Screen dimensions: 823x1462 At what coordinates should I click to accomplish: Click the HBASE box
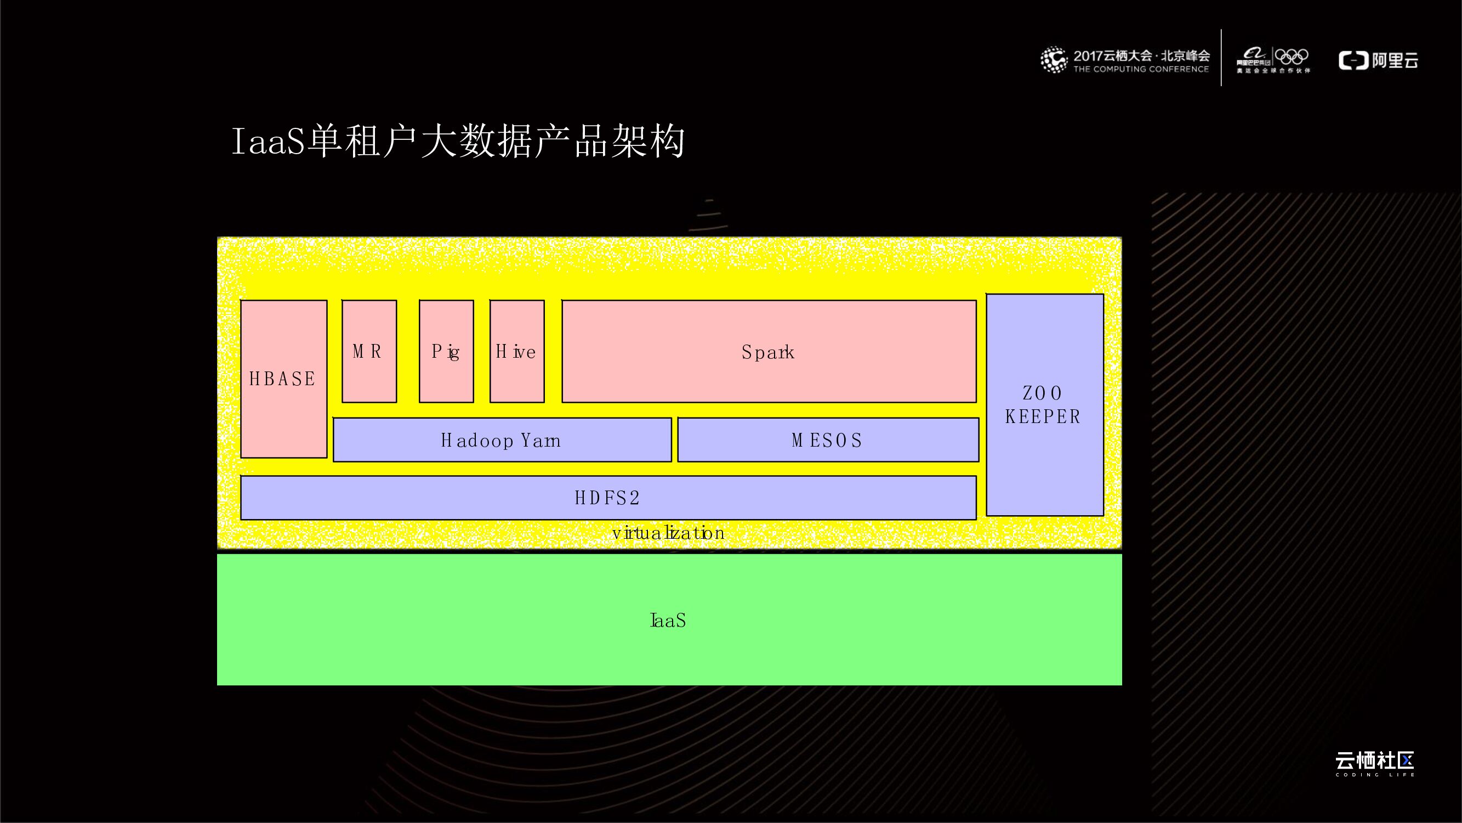283,379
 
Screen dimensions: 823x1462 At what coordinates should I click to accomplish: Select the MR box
369,352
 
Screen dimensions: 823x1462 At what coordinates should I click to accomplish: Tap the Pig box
446,352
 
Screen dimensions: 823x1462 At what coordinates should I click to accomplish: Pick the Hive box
516,352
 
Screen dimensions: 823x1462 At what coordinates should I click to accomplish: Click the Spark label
768,353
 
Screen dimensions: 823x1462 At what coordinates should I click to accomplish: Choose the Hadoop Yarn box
502,440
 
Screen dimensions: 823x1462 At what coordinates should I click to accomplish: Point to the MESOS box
828,440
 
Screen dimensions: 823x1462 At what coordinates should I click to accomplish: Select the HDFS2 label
607,498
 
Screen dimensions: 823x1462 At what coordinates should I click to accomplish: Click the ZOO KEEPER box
1044,405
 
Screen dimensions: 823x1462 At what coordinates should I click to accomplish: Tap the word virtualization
668,533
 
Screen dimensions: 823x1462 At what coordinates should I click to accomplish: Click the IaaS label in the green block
668,620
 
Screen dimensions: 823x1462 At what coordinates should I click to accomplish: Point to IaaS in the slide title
268,142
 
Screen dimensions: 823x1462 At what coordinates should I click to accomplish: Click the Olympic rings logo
1291,57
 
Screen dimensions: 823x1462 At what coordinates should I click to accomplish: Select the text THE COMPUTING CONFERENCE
1141,69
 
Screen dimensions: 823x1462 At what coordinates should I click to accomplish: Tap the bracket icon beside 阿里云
1353,60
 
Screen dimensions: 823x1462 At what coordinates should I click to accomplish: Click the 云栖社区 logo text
1374,760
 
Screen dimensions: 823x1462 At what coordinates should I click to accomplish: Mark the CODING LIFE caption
1375,775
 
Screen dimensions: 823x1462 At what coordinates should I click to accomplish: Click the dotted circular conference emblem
1054,60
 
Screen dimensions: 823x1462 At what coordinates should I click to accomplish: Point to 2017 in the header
1088,55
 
